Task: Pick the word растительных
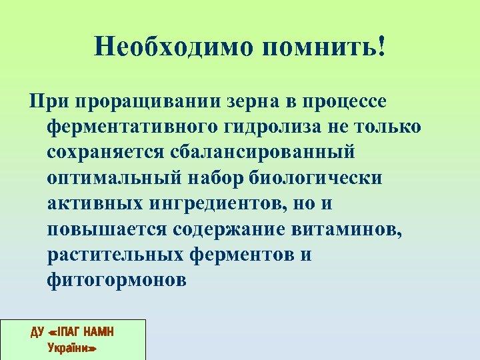pyautogui.click(x=115, y=255)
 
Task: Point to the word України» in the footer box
pyautogui.click(x=73, y=347)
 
